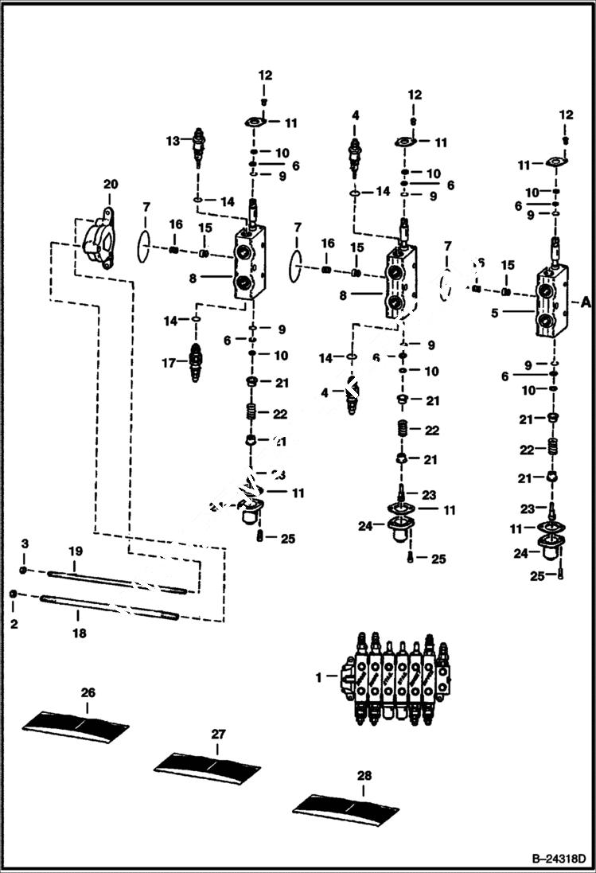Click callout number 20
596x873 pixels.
[x=110, y=185]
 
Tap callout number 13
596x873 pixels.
[x=171, y=141]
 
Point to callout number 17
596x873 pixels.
[x=168, y=362]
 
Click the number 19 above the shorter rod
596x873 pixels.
[x=75, y=551]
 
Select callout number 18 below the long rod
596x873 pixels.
[x=79, y=633]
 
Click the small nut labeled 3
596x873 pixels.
[x=25, y=571]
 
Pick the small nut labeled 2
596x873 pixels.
[x=14, y=595]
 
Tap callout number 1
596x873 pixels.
[x=319, y=677]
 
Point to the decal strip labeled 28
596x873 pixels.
[x=345, y=808]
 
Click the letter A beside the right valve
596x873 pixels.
[x=586, y=302]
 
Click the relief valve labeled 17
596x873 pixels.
[x=194, y=362]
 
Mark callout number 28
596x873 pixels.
[x=363, y=775]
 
